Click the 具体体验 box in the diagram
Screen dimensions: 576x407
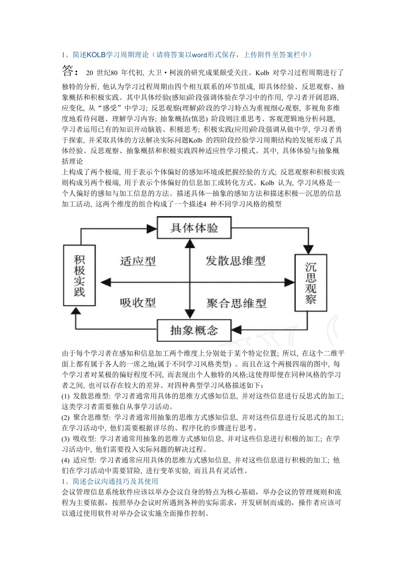[194, 228]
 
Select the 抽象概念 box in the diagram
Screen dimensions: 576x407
[194, 330]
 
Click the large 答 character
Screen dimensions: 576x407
[70, 72]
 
